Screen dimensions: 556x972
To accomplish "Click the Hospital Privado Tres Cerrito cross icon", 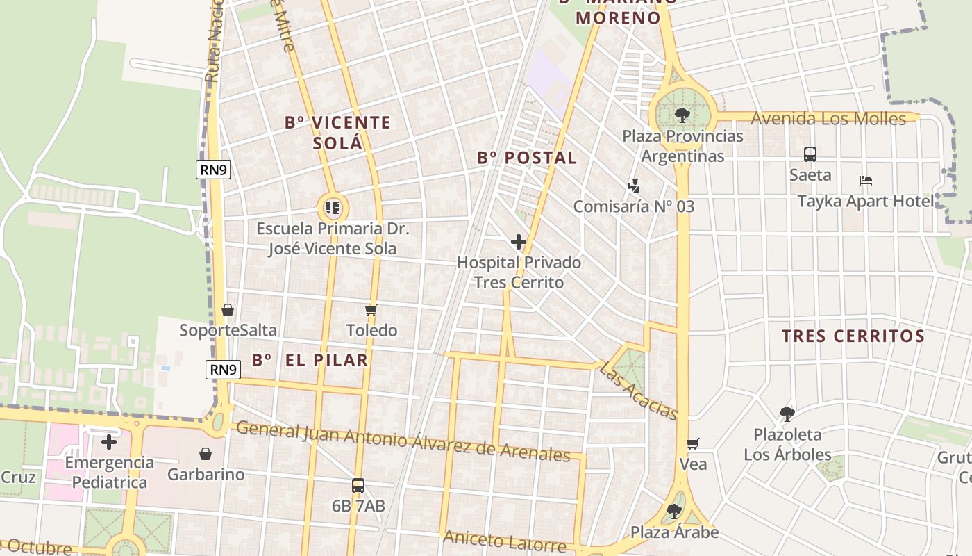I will (x=519, y=242).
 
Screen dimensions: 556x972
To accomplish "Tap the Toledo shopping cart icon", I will (x=371, y=310).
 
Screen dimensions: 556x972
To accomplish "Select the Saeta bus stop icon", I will (x=810, y=154).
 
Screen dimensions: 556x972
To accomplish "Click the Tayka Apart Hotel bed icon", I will (x=865, y=181).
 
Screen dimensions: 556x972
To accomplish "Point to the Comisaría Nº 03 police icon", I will (x=632, y=186).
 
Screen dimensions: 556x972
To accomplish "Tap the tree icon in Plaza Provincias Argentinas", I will (x=682, y=115).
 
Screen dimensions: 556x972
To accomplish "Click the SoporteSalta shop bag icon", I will (x=228, y=310).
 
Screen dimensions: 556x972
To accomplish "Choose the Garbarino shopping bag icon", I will (x=206, y=454).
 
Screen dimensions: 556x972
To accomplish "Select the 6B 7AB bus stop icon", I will (x=358, y=486).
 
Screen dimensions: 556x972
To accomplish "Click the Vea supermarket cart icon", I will (x=692, y=443).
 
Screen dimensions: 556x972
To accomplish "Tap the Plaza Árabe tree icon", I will (x=673, y=512).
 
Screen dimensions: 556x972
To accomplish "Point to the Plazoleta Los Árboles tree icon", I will (x=787, y=414).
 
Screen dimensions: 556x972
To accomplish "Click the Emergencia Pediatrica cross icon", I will (x=109, y=441).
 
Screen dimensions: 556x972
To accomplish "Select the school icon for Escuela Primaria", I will (x=333, y=207).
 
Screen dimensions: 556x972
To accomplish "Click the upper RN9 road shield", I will (x=212, y=170).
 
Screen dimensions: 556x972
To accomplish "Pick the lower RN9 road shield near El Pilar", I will (x=224, y=370).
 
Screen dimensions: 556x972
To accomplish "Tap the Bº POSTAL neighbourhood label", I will (x=527, y=158).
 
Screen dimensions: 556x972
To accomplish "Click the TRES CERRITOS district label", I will (x=853, y=336).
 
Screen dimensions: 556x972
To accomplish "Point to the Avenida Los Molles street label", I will (x=828, y=119).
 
